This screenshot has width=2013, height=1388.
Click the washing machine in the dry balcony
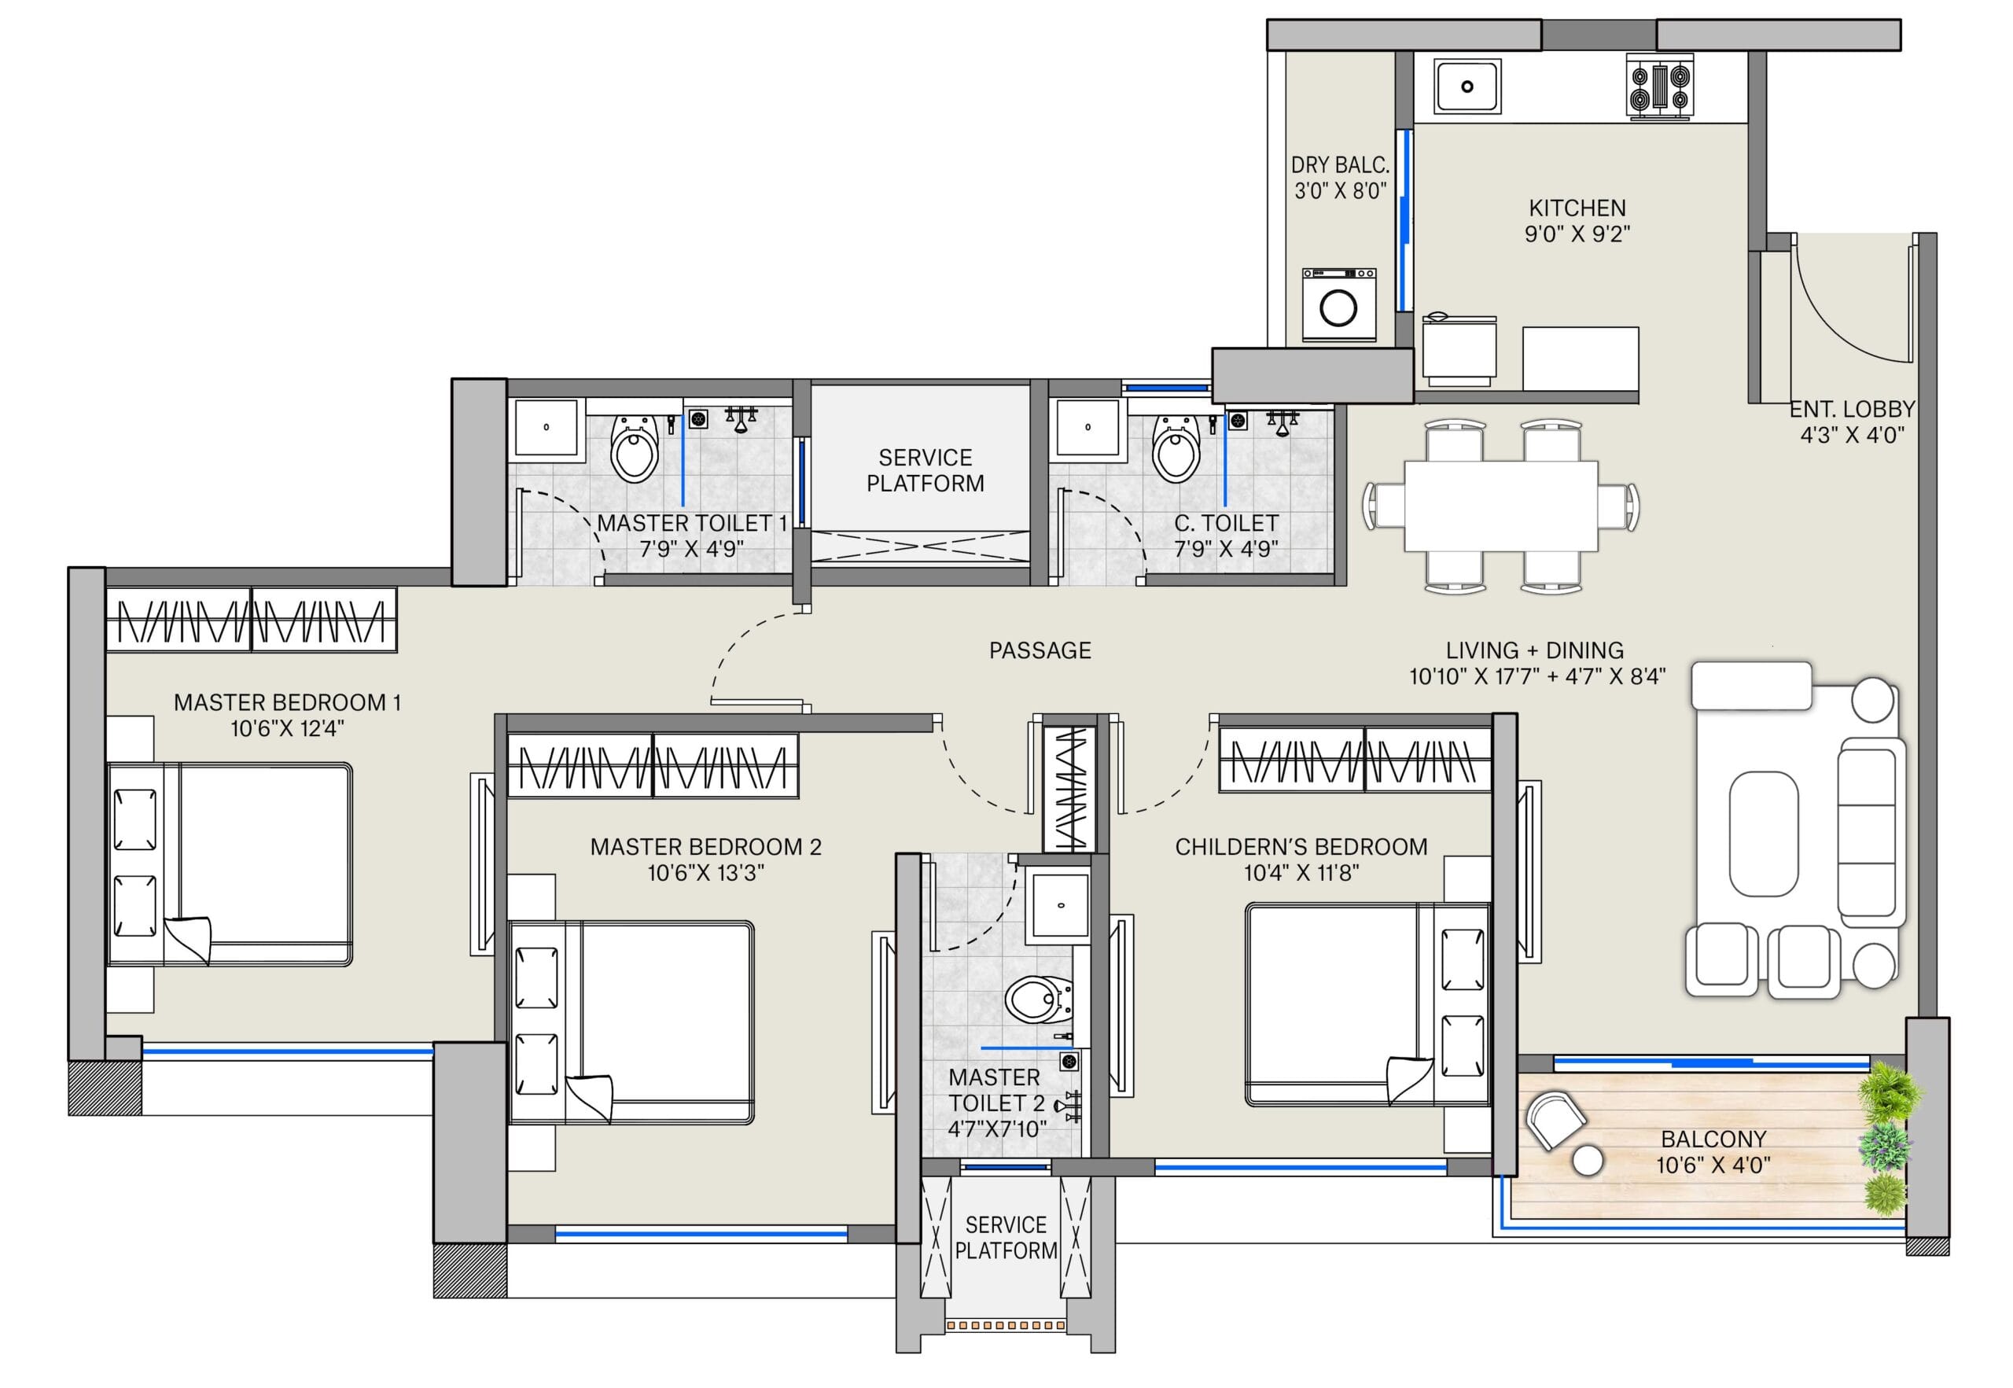coord(1338,304)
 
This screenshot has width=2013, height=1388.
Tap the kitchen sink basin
coord(1467,86)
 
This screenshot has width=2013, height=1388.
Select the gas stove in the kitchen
coord(1660,86)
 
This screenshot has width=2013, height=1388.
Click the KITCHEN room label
coord(1577,208)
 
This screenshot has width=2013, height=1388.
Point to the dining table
coord(1501,506)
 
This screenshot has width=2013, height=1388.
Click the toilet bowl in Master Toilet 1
coord(634,449)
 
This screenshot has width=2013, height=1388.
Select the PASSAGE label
coord(1040,650)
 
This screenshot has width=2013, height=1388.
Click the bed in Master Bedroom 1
coord(230,864)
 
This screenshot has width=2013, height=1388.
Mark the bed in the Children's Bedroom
coord(1367,1004)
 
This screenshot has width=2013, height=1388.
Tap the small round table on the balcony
coord(1588,1160)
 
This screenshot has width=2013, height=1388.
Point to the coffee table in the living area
coord(1764,833)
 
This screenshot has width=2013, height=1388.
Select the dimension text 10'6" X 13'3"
coord(705,872)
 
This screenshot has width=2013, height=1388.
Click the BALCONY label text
coord(1713,1139)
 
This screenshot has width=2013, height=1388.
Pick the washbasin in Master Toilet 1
coord(546,427)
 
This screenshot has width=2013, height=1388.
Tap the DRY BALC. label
coord(1340,164)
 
